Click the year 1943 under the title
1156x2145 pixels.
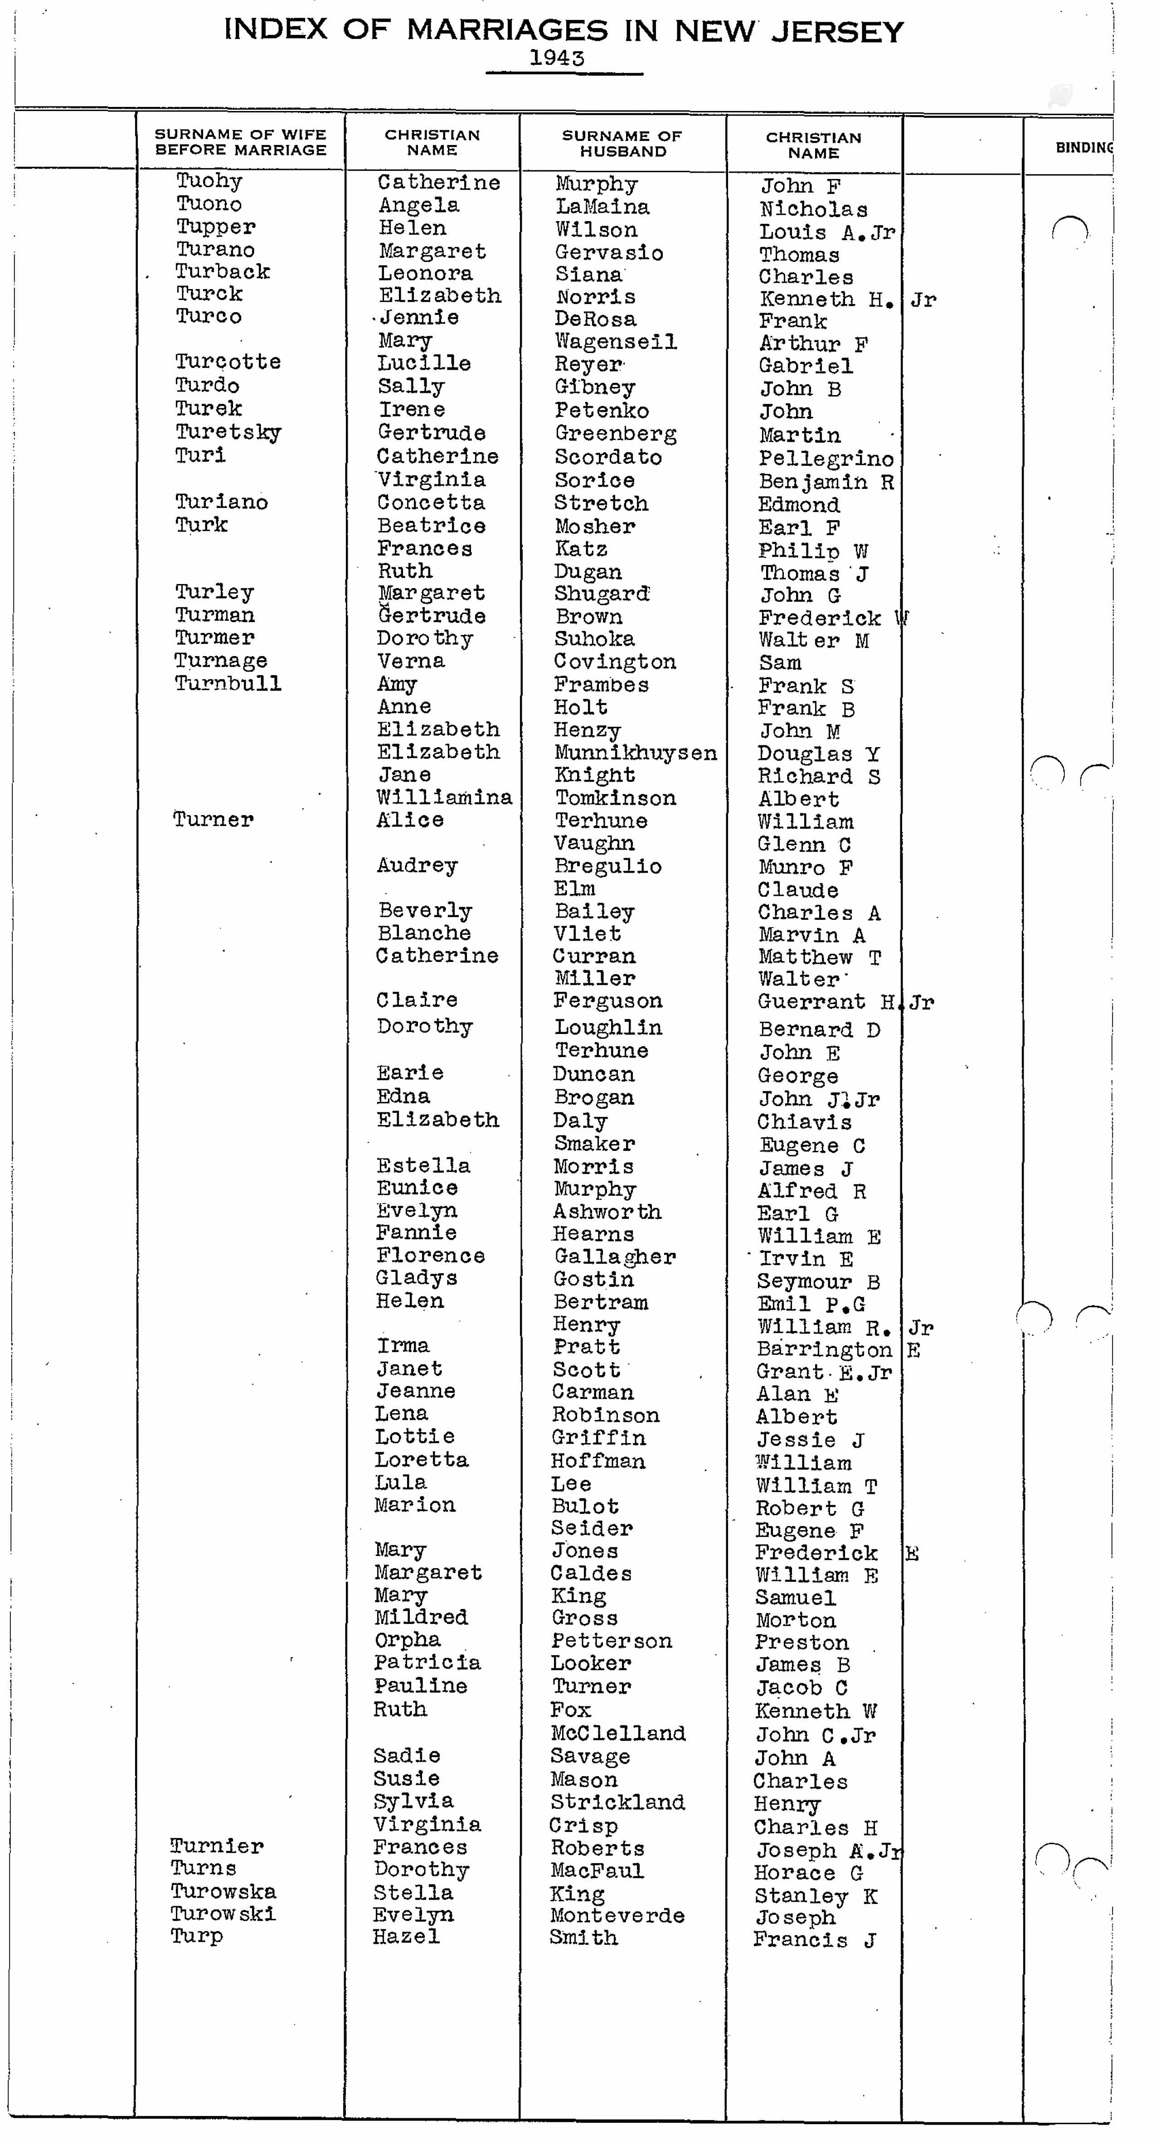click(557, 58)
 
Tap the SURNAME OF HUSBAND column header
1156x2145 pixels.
click(622, 143)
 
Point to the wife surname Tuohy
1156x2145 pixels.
click(209, 181)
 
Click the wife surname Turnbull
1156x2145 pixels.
click(228, 684)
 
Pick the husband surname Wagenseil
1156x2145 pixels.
click(616, 341)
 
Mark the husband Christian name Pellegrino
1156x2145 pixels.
click(826, 459)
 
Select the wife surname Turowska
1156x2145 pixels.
click(223, 1891)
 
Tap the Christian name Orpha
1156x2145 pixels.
click(407, 1639)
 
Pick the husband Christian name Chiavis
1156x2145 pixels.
click(804, 1121)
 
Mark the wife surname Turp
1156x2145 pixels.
click(197, 1936)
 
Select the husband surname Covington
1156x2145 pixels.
click(615, 662)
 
